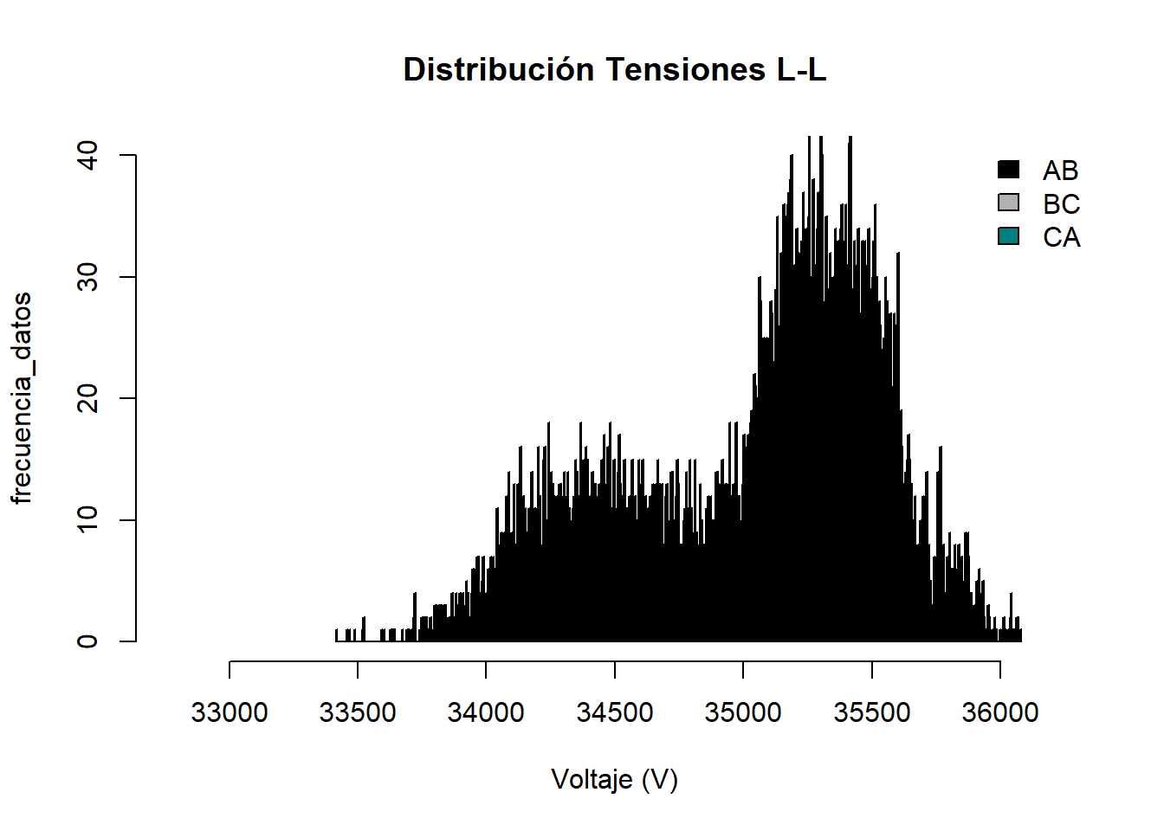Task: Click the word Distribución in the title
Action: point(498,70)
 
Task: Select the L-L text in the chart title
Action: point(800,70)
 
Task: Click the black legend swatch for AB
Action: point(1008,170)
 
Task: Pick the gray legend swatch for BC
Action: point(1008,203)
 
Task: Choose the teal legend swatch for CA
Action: point(1008,236)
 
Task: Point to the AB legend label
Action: point(1061,171)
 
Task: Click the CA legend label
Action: point(1061,237)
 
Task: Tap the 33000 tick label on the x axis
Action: point(230,712)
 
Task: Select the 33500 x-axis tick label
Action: point(358,712)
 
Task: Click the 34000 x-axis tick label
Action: point(486,712)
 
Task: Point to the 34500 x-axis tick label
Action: point(615,712)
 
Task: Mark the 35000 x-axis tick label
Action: point(743,712)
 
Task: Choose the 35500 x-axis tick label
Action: point(871,712)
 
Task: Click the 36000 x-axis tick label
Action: point(1000,712)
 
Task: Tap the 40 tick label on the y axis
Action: point(88,156)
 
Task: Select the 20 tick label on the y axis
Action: point(88,398)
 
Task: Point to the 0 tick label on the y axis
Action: point(88,641)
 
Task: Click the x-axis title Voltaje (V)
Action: point(615,780)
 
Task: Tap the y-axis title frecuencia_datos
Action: point(22,398)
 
